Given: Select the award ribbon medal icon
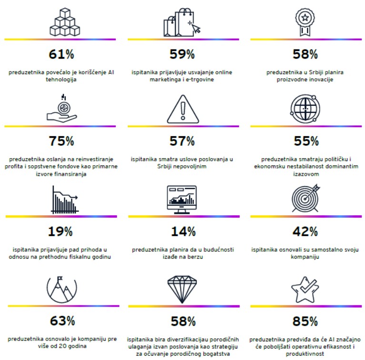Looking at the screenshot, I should tap(304, 21).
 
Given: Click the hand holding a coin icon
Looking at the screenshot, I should tap(61, 109).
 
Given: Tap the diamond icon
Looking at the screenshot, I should tap(183, 289).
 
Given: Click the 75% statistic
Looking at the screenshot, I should tap(61, 141).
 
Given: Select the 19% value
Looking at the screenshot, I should tap(61, 232).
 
